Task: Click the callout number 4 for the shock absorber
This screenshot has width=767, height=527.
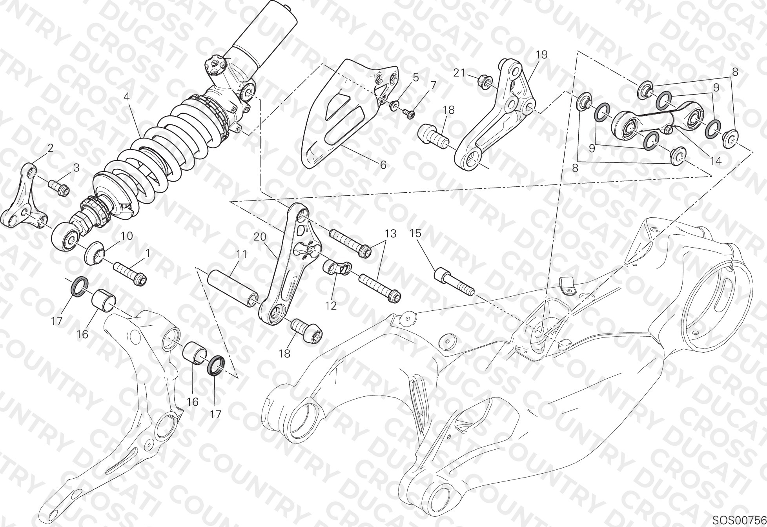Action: [x=127, y=97]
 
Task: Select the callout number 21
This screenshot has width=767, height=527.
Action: [x=459, y=73]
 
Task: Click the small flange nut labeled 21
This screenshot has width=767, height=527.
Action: [x=486, y=82]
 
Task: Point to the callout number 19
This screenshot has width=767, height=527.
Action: [x=542, y=55]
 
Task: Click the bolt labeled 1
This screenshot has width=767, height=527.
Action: [x=130, y=273]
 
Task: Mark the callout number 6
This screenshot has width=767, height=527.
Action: [x=383, y=165]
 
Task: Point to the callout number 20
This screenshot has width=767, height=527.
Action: [x=260, y=237]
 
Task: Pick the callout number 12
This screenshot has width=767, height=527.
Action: [x=331, y=306]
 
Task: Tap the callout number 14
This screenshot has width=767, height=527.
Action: [x=716, y=161]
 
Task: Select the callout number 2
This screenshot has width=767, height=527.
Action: [x=50, y=148]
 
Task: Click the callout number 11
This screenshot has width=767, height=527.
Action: [x=242, y=255]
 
